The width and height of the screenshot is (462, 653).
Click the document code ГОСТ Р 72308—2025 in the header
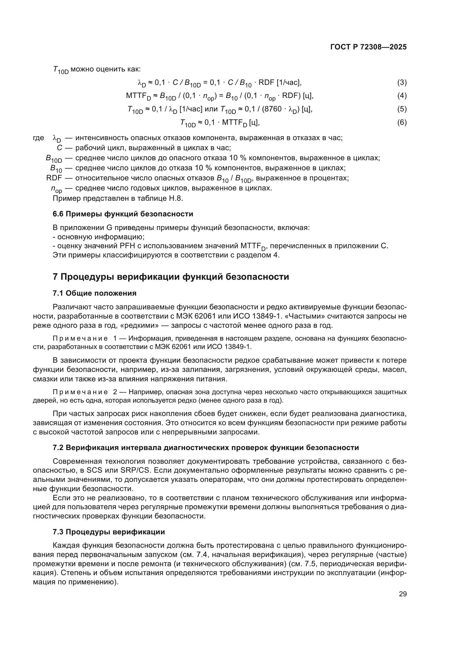pos(368,47)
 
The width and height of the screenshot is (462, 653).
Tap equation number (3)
pos(402,83)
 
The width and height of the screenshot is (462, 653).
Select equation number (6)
pos(402,123)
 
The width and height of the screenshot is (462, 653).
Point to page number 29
pos(403,594)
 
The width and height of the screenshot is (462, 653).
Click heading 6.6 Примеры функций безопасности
pos(123,214)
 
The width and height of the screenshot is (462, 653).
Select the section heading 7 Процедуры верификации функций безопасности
pos(171,277)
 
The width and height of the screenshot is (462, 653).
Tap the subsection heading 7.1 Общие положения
pos(94,293)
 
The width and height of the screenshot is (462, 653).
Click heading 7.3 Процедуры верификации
pos(109,532)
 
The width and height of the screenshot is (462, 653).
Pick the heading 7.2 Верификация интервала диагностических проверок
pos(206,448)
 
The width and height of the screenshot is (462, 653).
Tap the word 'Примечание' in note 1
pos(80,338)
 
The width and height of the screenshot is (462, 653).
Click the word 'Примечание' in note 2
pos(80,392)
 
